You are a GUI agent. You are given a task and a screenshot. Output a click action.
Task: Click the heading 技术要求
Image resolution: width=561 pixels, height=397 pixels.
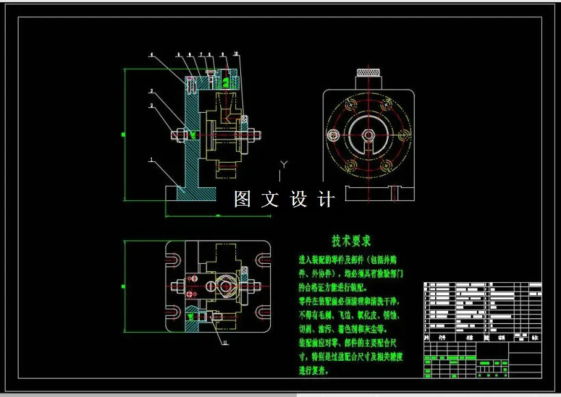click(x=351, y=241)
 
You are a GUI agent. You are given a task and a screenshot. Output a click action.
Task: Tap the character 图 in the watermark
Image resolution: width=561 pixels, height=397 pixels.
click(x=242, y=199)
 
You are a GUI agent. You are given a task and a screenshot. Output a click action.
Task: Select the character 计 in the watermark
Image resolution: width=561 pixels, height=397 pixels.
click(x=327, y=199)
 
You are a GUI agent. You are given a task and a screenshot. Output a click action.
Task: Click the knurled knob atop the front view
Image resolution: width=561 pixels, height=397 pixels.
click(x=368, y=73)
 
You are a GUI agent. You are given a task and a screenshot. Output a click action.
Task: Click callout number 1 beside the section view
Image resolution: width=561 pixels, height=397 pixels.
click(x=151, y=161)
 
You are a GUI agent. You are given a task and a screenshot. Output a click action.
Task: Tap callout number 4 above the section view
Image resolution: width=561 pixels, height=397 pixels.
click(x=152, y=54)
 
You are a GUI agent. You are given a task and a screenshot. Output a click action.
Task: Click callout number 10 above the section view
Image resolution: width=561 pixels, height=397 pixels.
click(x=235, y=54)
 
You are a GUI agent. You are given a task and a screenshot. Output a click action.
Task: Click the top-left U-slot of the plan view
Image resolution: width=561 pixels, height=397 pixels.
click(x=174, y=259)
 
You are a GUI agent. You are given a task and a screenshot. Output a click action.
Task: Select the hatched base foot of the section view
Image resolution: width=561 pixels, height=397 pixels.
click(x=192, y=193)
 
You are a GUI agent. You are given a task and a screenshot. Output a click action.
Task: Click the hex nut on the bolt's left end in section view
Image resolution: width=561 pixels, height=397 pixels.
click(x=179, y=135)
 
